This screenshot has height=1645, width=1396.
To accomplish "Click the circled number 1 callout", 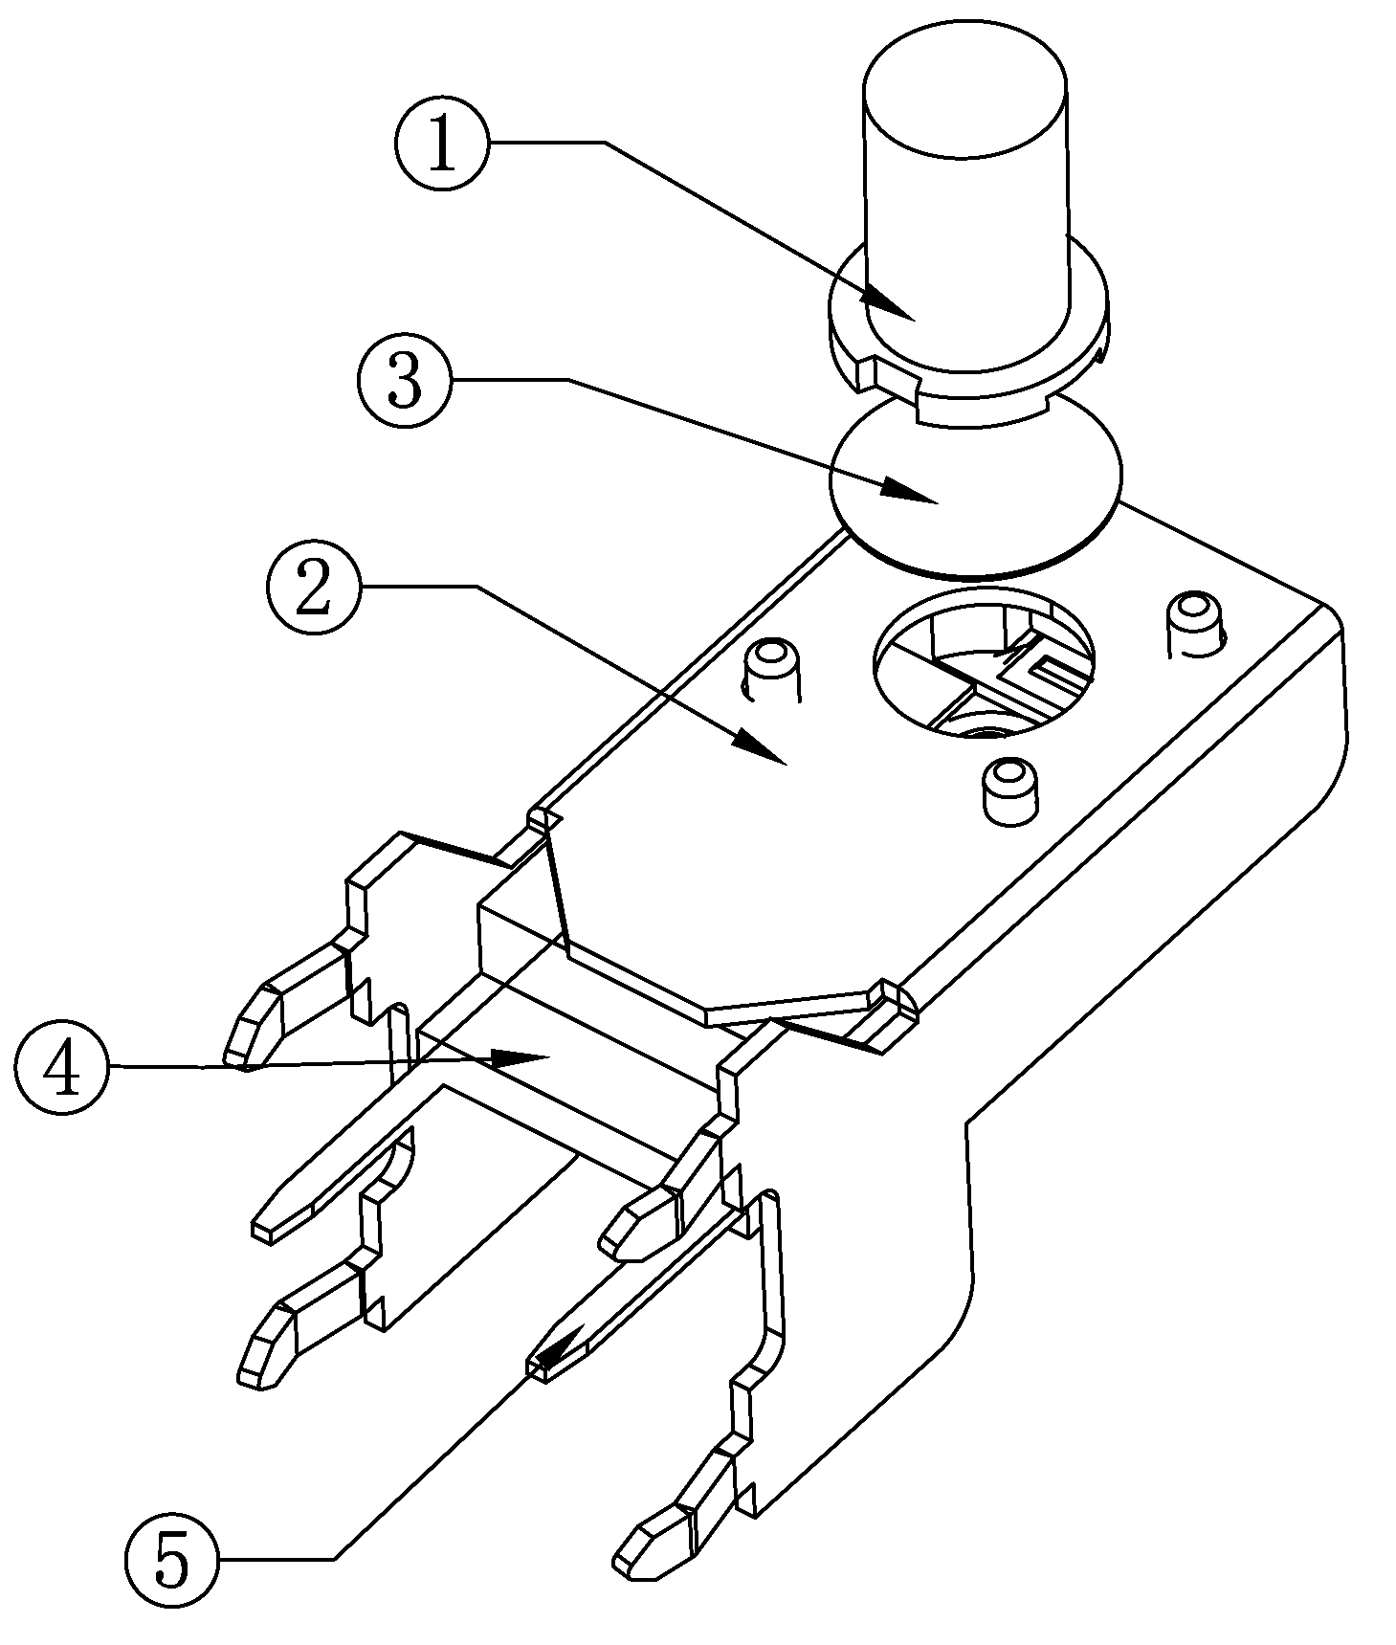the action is click(x=441, y=144).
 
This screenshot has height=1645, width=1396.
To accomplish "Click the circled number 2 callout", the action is click(x=314, y=586).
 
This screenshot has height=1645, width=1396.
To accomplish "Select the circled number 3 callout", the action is click(x=405, y=380).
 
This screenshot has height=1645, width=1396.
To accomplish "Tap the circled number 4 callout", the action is click(x=61, y=1068).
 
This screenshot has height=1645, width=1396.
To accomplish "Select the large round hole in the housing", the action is click(x=986, y=662).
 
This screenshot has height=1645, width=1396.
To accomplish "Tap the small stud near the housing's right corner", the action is click(x=1195, y=624).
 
